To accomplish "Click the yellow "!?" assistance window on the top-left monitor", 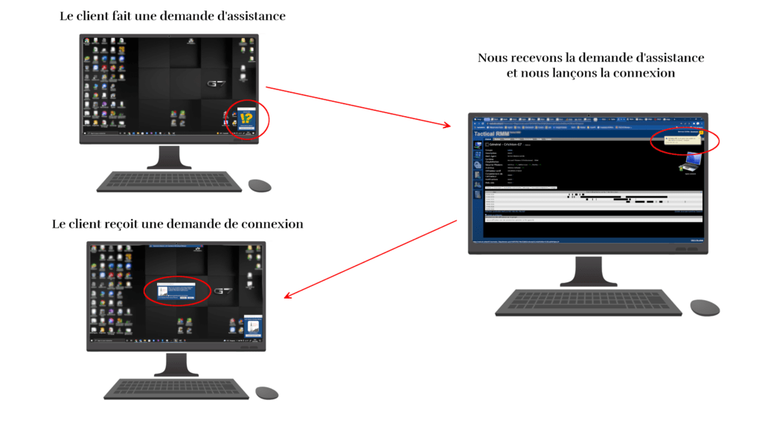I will [x=246, y=118].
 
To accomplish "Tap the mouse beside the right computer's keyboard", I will [x=705, y=307].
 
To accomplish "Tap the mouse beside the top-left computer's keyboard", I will [x=260, y=185].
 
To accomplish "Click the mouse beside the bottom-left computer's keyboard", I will [x=266, y=393].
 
